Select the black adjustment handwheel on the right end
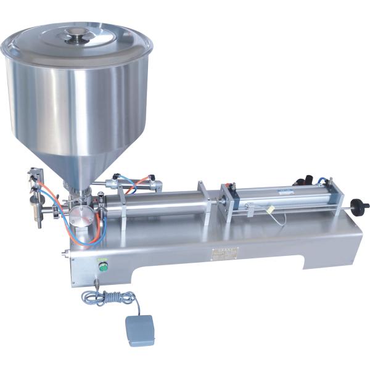click(359, 205)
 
